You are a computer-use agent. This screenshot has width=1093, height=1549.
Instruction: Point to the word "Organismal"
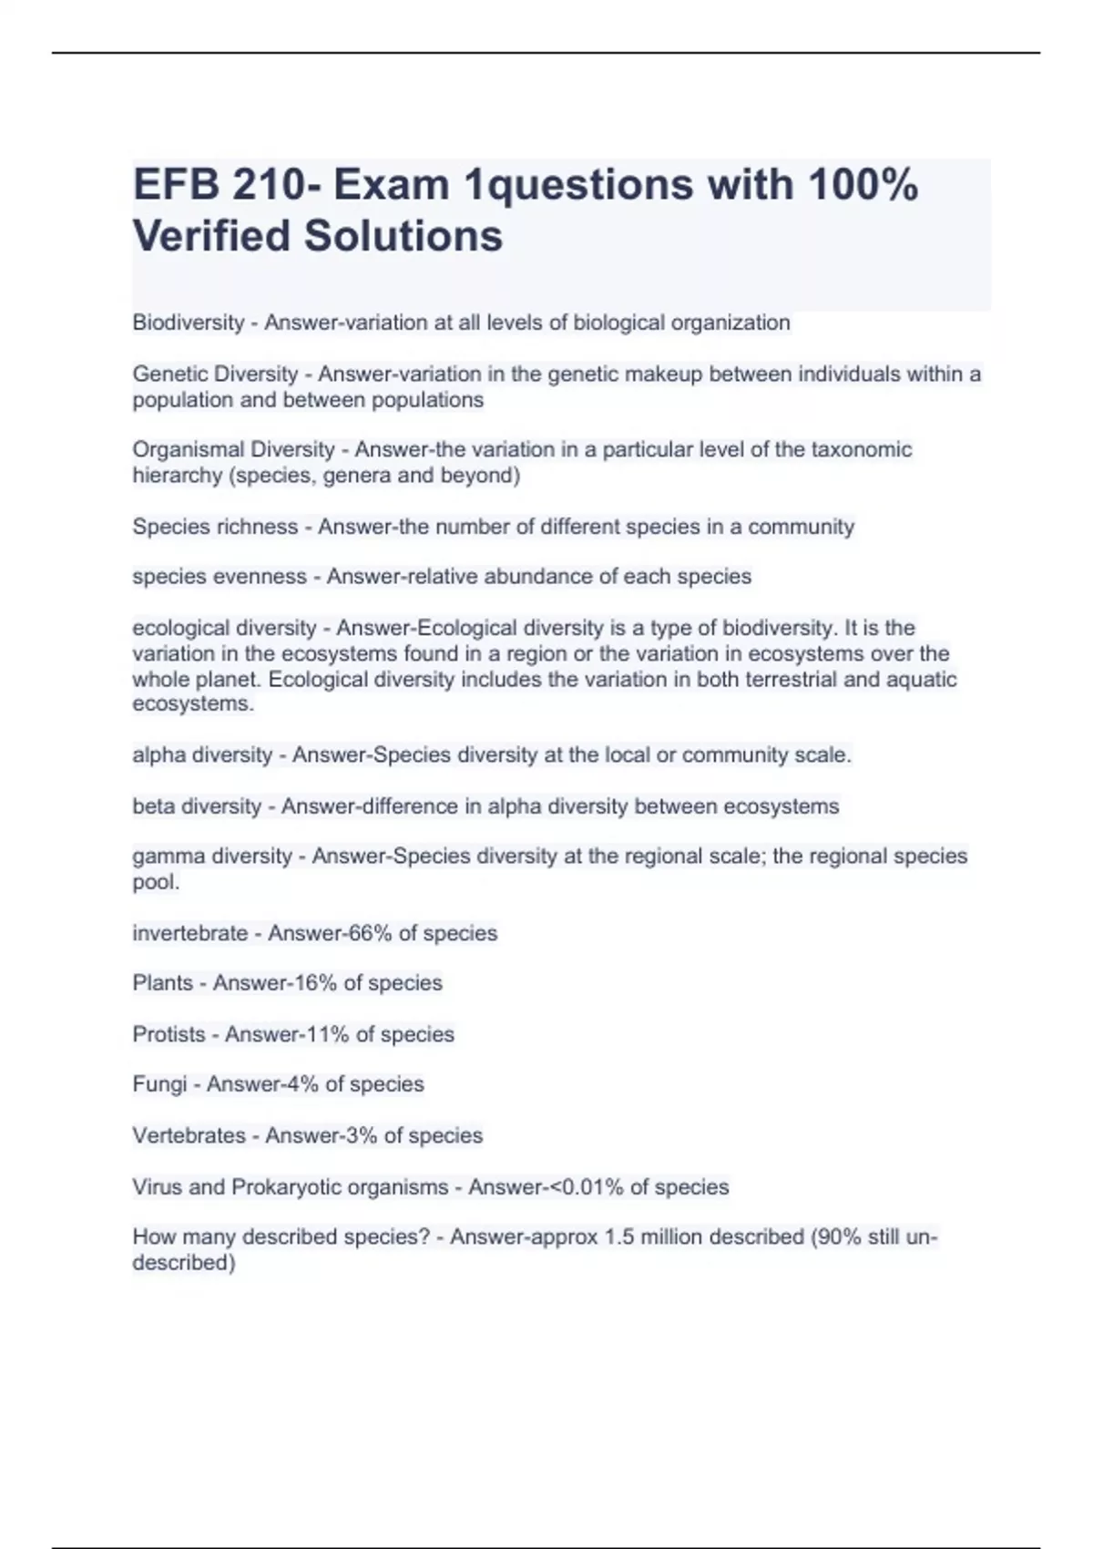(x=186, y=450)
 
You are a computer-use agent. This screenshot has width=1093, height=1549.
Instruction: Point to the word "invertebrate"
(x=190, y=933)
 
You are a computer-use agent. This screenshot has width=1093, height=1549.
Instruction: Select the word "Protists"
(x=169, y=1034)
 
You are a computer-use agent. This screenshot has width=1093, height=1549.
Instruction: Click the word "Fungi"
(x=159, y=1084)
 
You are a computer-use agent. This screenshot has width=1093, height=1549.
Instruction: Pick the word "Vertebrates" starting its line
(x=189, y=1135)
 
